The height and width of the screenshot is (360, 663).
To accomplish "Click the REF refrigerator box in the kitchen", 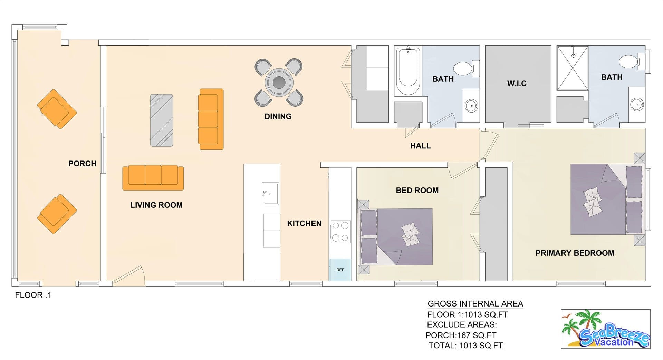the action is (x=340, y=270).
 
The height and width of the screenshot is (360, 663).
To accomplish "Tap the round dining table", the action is (x=279, y=82).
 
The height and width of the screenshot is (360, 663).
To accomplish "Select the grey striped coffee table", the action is (x=162, y=120).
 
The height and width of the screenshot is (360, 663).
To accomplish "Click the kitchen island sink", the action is (x=270, y=194).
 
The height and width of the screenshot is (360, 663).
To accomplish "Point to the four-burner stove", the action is (x=340, y=231).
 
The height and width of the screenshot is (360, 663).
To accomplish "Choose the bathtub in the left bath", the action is (x=408, y=71).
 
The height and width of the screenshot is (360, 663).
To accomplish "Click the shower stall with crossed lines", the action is (x=573, y=68).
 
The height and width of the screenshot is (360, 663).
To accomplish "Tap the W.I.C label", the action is (x=517, y=84).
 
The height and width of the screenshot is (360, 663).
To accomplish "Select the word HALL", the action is (x=420, y=146).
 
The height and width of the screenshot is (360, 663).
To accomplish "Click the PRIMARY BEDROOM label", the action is (x=575, y=253).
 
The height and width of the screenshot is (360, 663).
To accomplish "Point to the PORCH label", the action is (x=82, y=164).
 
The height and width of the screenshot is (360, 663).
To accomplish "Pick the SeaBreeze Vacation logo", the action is (x=605, y=329).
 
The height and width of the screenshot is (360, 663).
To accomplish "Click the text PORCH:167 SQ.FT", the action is (x=461, y=335).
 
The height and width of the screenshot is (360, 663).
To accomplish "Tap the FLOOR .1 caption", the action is (x=33, y=295).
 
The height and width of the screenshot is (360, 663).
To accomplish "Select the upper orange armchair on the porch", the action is (x=57, y=109).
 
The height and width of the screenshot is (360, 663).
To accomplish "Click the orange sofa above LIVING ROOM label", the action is (x=153, y=178).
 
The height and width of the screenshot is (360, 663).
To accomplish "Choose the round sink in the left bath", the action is (x=471, y=105).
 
